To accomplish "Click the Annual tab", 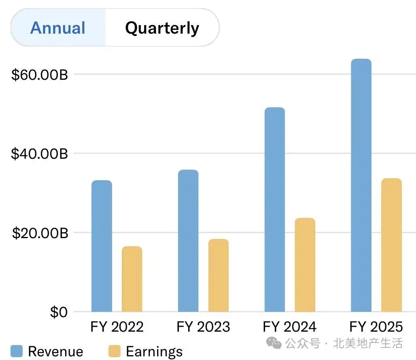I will click(x=58, y=28).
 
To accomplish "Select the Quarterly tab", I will click(x=162, y=28).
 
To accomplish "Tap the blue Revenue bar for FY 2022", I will click(x=102, y=246).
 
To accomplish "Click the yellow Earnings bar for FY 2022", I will click(x=132, y=279).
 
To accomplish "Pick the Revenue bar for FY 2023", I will click(x=188, y=241).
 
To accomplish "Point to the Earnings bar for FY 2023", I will click(x=219, y=275).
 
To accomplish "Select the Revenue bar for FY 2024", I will click(x=274, y=209).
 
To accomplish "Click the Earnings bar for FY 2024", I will click(x=305, y=265).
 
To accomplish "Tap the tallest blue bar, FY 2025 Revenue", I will click(x=361, y=185).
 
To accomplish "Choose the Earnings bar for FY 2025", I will click(x=391, y=245).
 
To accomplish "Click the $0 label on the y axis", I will click(x=59, y=312).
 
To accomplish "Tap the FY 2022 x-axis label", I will click(x=117, y=327).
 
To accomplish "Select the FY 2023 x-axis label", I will click(x=203, y=327).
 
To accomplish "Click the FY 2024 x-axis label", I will click(x=290, y=327).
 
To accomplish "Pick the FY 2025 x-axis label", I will click(x=376, y=327).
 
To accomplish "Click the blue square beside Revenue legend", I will click(x=17, y=351).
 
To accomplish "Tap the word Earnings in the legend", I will click(x=154, y=351).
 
